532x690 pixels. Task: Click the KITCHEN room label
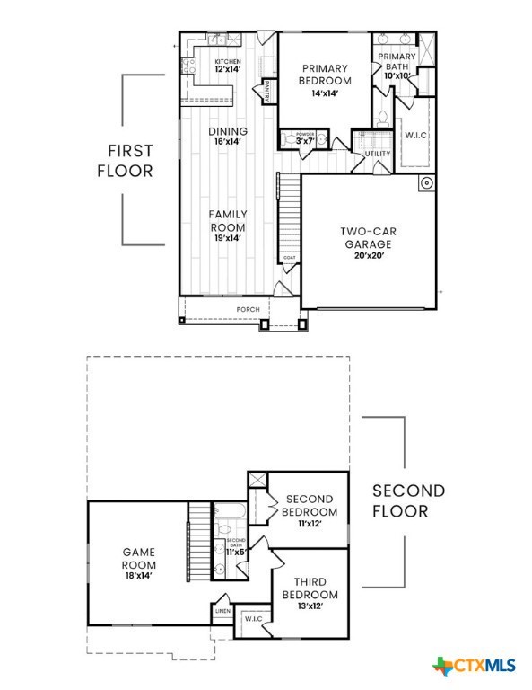click(227, 61)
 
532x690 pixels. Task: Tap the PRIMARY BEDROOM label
click(324, 75)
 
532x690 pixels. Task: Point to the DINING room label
click(227, 131)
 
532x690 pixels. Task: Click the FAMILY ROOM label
click(228, 221)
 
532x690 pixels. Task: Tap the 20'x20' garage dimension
click(369, 254)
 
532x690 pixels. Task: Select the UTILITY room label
click(378, 154)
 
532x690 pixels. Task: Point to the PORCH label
click(248, 310)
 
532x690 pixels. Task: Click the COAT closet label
click(289, 258)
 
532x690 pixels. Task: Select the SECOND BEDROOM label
click(310, 505)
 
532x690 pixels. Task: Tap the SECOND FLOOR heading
click(408, 500)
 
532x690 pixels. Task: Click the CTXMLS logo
click(475, 666)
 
